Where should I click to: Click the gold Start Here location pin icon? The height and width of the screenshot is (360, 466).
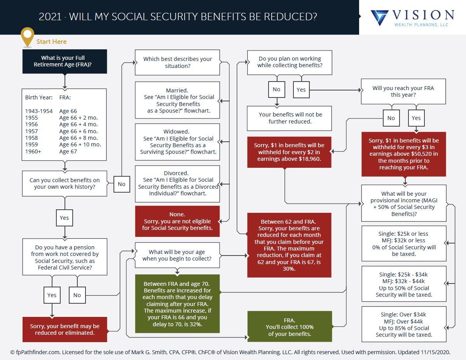point(27,37)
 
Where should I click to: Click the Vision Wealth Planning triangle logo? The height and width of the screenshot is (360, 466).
point(379,17)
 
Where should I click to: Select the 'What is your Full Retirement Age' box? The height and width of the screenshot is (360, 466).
point(65,61)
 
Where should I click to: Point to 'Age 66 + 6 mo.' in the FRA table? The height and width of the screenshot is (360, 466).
point(78,131)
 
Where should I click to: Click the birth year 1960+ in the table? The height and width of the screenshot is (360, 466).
point(33,151)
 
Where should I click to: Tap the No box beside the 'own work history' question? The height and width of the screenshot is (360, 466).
point(122,184)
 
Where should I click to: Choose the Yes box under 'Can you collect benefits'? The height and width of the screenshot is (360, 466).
point(65,218)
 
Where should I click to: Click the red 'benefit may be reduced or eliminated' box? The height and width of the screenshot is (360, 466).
point(65,329)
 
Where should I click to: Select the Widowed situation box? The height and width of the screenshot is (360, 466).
point(178,142)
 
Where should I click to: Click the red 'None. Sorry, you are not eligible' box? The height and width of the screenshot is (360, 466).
point(178,221)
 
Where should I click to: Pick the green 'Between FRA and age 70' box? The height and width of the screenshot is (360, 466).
point(178,304)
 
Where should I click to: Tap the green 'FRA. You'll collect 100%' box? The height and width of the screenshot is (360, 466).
point(290,327)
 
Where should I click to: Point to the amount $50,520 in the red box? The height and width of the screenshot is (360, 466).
point(424,154)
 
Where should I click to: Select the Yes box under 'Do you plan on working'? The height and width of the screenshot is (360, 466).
point(301,90)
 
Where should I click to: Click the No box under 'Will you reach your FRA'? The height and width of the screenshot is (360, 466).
point(391,118)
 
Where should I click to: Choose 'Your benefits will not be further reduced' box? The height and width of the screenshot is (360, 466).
point(290,118)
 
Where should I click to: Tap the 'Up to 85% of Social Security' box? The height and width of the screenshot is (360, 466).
point(404,324)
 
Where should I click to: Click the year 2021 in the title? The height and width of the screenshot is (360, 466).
point(50,17)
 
